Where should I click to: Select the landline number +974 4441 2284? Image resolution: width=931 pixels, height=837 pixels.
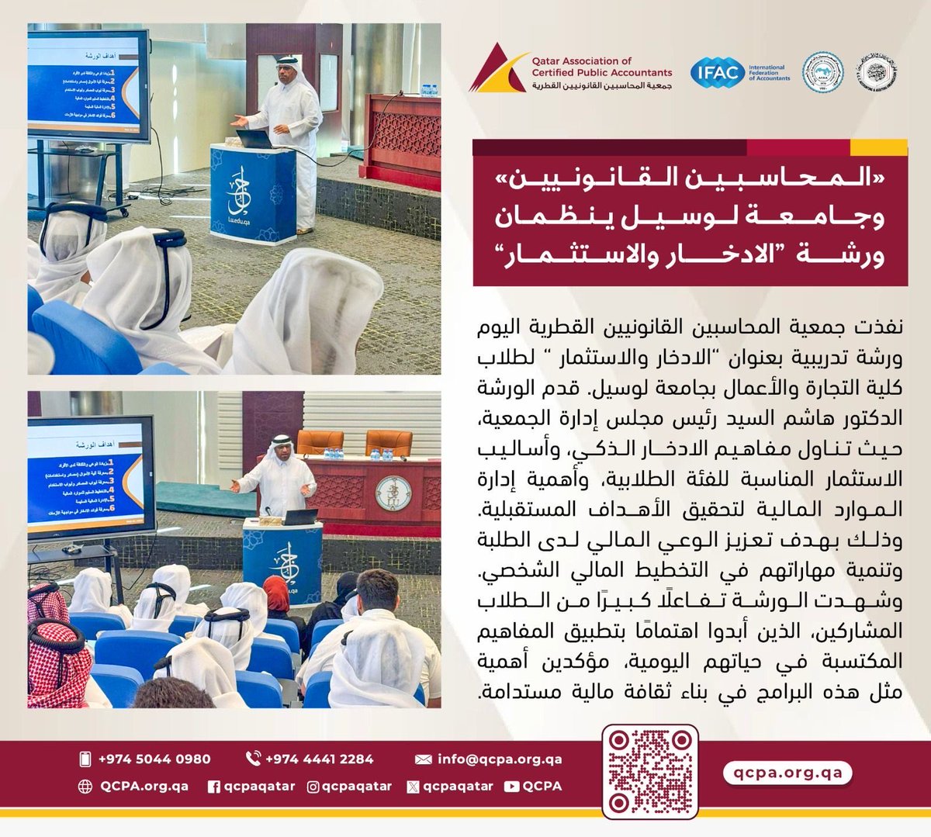[x=319, y=759]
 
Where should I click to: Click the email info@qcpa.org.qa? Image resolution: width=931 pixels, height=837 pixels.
[x=500, y=759]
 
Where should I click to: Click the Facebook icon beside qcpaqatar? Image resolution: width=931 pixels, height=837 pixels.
[x=214, y=787]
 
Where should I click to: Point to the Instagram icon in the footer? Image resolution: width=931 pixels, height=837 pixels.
[x=313, y=787]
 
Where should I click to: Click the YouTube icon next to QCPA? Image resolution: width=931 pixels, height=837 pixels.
[x=510, y=787]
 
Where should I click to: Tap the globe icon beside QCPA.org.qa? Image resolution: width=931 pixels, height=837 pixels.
[x=85, y=787]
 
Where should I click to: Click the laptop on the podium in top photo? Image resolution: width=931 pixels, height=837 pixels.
[x=254, y=139]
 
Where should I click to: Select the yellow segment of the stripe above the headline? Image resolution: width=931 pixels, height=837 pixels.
[x=878, y=147]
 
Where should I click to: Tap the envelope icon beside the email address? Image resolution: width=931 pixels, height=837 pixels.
[x=424, y=759]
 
